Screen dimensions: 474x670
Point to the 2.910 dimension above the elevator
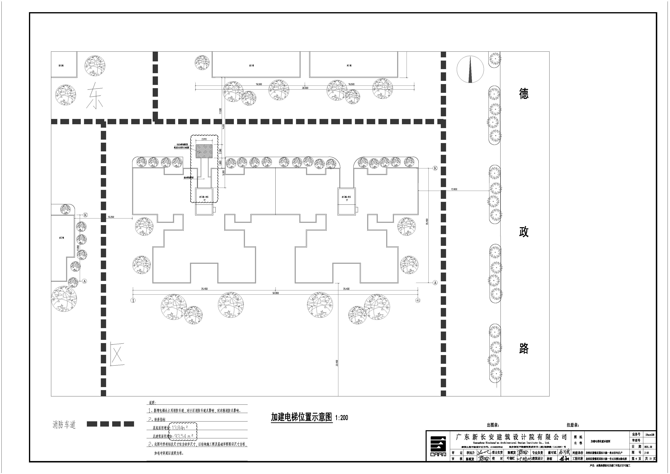[204, 139]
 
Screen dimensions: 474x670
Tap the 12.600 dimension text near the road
[454, 189]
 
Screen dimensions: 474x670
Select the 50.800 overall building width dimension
[275, 293]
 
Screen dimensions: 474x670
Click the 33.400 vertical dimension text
[337, 363]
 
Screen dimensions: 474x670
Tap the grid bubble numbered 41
[418, 300]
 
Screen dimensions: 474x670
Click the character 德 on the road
[524, 94]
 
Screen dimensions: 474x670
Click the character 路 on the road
[524, 348]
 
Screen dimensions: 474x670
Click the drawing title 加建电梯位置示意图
[301, 417]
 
